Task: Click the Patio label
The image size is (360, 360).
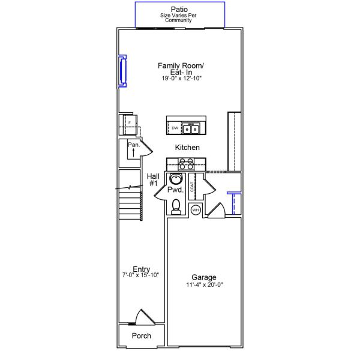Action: [179, 10]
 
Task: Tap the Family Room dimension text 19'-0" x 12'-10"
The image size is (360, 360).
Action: [181, 78]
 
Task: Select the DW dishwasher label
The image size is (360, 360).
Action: [175, 128]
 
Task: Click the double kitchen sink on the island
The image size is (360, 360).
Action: [191, 128]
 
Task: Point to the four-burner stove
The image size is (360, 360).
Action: [186, 164]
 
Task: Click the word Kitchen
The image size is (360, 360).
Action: [187, 148]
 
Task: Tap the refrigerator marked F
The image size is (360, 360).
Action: [129, 124]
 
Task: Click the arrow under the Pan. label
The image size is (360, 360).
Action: [134, 152]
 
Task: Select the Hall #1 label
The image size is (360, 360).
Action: [153, 180]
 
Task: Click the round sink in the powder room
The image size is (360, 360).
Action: [176, 179]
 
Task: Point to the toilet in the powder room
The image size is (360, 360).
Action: [176, 207]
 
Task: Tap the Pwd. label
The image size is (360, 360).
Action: [175, 190]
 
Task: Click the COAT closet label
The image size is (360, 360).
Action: [192, 187]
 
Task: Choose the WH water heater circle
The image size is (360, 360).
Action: [196, 210]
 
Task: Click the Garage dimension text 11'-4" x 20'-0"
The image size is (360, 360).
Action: [205, 284]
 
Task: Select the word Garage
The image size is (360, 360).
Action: [204, 277]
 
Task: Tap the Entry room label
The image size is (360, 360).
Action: [141, 269]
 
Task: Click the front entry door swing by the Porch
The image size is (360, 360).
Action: [145, 317]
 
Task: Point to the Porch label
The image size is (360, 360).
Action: [142, 335]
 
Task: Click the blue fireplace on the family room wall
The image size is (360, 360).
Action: [122, 71]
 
